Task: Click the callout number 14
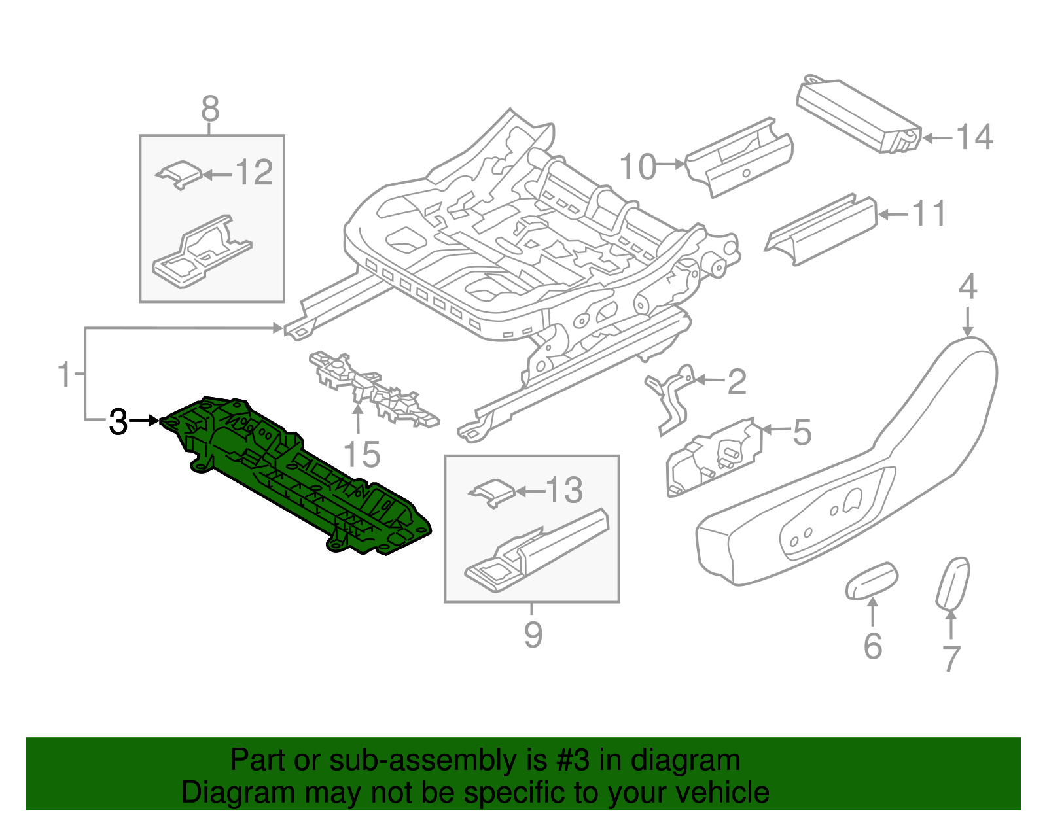pos(974,137)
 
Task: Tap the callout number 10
pos(637,167)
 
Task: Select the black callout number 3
pos(118,422)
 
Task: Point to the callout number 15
pos(361,455)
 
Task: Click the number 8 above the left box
pos(210,109)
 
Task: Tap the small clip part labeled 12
pos(179,173)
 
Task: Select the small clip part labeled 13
pos(492,491)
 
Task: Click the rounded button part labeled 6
pos(871,580)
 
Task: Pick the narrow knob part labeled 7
pos(953,582)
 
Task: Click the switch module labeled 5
pos(715,457)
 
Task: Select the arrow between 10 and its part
pos(671,164)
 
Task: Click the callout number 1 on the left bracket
pos(64,374)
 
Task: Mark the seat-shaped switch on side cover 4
pos(852,500)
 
